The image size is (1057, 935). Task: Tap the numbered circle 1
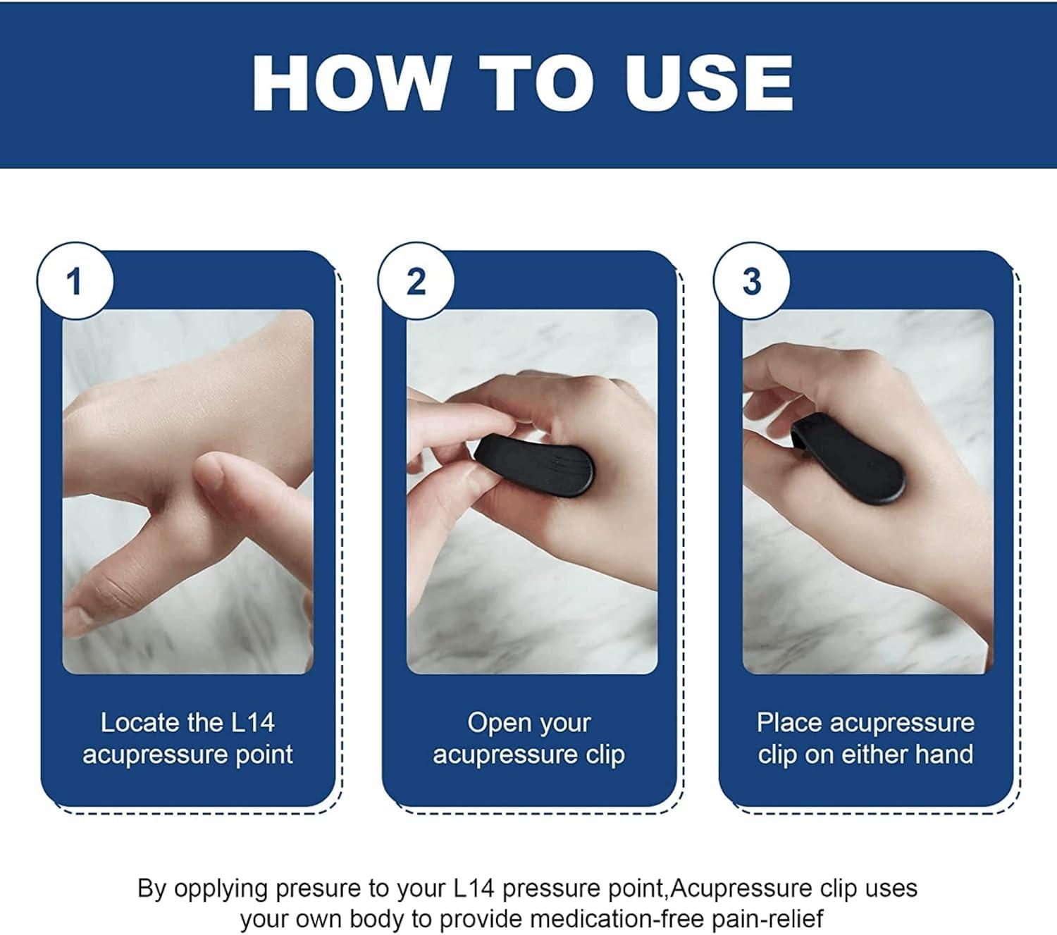click(x=75, y=282)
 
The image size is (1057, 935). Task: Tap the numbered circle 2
click(x=416, y=282)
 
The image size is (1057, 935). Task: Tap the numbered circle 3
click(x=752, y=282)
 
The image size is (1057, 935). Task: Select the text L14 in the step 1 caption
click(x=252, y=723)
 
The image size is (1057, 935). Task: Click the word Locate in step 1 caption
click(x=140, y=723)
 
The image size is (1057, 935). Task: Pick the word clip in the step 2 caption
click(x=605, y=755)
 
